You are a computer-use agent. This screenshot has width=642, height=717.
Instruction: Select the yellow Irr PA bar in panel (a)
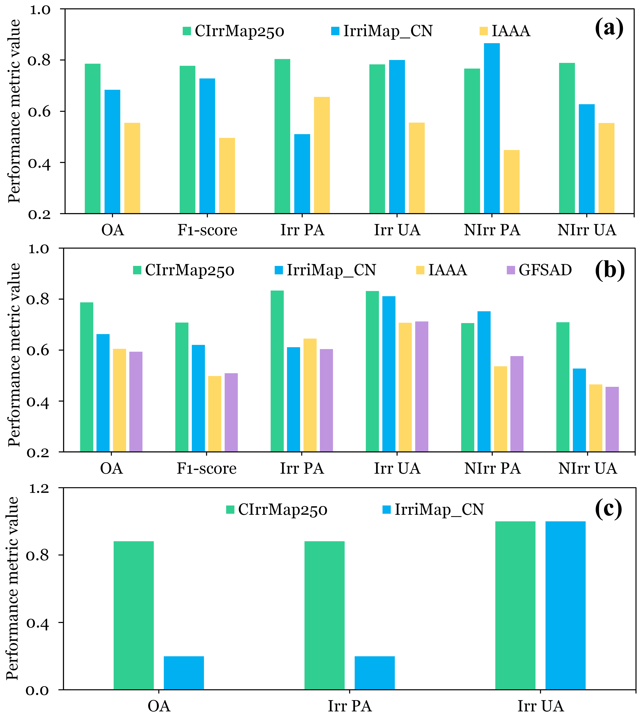tap(322, 155)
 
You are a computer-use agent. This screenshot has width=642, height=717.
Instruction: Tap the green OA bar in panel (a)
tap(92, 139)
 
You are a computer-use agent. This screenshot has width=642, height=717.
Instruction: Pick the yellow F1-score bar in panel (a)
tap(227, 176)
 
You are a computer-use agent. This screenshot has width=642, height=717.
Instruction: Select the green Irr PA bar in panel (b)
tap(277, 371)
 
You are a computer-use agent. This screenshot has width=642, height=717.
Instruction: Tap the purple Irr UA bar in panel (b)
tap(422, 387)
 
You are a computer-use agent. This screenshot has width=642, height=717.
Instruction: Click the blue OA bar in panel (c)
tap(184, 673)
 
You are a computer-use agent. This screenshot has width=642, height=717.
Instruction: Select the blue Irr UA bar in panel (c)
tap(566, 605)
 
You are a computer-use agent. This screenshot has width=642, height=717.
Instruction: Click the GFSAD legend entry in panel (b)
tap(539, 270)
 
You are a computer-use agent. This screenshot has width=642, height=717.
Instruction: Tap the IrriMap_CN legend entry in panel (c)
tap(433, 510)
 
